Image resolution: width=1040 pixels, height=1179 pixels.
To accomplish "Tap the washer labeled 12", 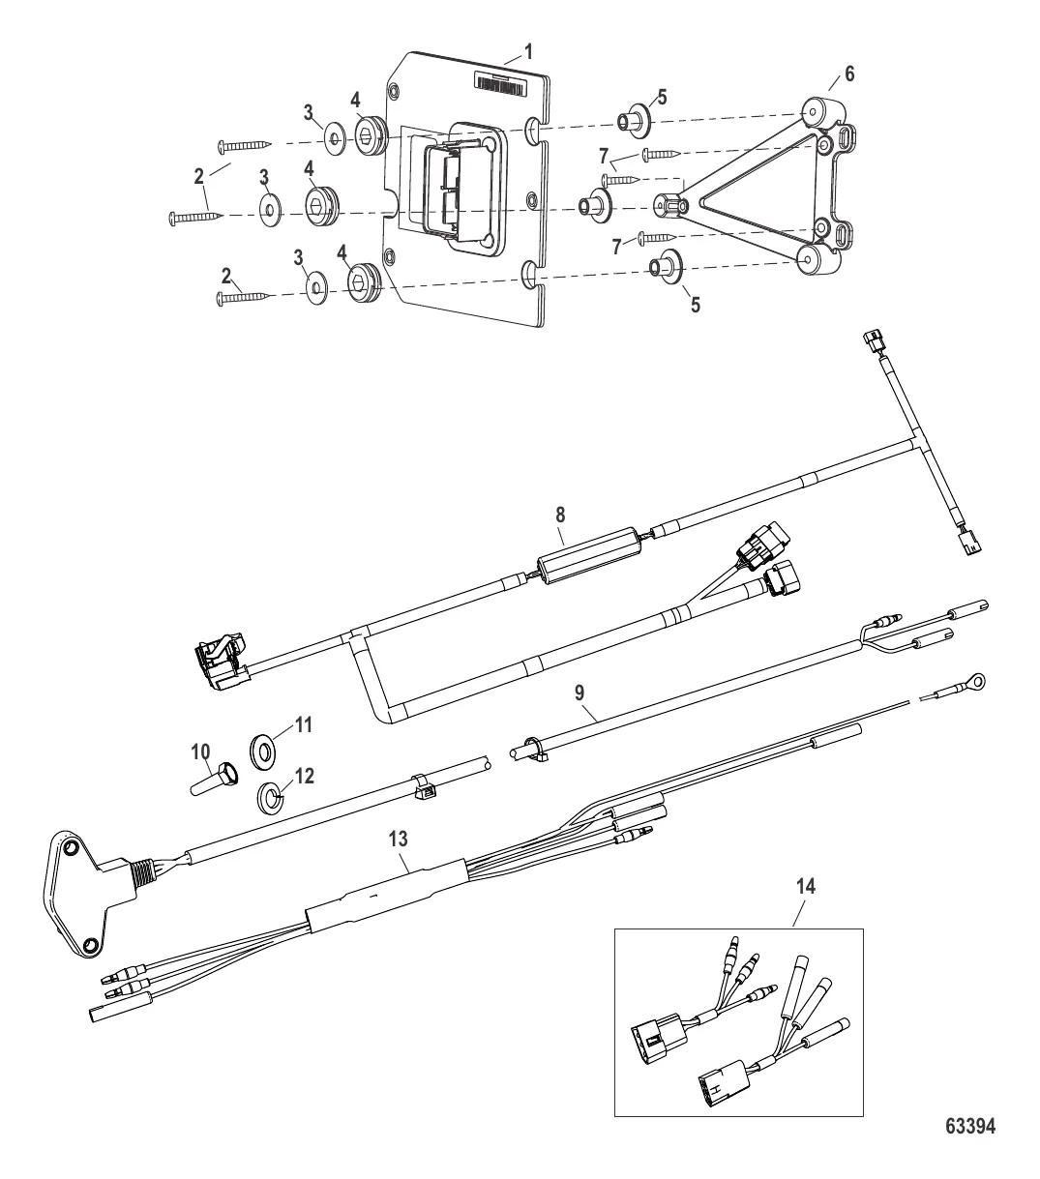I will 271,799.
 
